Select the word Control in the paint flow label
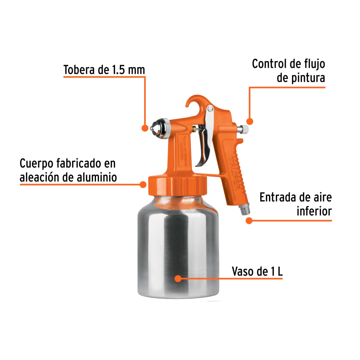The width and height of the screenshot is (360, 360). click(268, 64)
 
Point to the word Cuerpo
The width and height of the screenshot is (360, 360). click(37, 163)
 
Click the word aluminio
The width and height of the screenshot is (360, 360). click(97, 177)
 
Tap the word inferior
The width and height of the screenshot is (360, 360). click(314, 211)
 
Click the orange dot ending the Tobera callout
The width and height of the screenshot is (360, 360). click(145, 128)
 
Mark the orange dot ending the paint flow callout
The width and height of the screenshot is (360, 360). click(250, 121)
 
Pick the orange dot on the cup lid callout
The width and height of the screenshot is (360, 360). click(143, 184)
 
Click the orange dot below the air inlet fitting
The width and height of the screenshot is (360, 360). click(249, 221)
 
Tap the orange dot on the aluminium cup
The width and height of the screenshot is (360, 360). click(178, 279)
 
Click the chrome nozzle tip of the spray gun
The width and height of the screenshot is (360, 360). click(156, 127)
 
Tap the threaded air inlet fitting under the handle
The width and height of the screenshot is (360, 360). click(245, 209)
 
